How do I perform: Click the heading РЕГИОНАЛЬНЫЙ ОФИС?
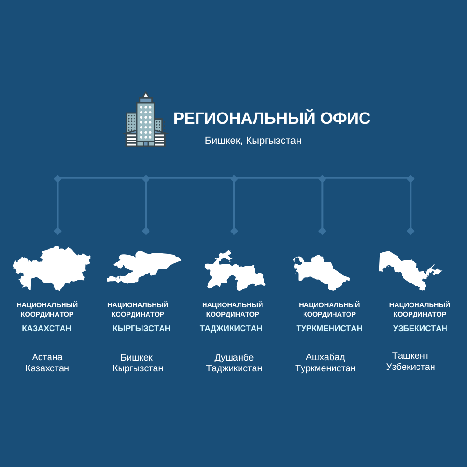tap(272, 118)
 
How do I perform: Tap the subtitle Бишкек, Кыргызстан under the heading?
tap(253, 141)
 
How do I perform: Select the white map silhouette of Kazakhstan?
tap(51, 268)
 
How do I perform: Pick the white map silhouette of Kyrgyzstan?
tap(144, 267)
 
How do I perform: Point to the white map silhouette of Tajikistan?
tap(235, 270)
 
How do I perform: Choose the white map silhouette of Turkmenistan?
tap(321, 273)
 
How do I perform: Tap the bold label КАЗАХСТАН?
tap(47, 328)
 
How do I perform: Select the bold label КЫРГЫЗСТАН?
tap(142, 328)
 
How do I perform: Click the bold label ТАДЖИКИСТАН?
tap(231, 328)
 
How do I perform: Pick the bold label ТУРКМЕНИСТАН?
tap(329, 328)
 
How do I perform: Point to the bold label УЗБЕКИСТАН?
tap(420, 328)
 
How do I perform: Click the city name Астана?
tap(47, 357)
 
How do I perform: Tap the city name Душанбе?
tap(234, 357)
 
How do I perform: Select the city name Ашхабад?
tap(325, 357)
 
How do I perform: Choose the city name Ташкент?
tap(410, 355)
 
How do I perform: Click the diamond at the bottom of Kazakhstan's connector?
tap(57, 231)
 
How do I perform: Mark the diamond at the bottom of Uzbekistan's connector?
tap(410, 231)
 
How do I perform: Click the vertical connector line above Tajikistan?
tap(234, 205)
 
